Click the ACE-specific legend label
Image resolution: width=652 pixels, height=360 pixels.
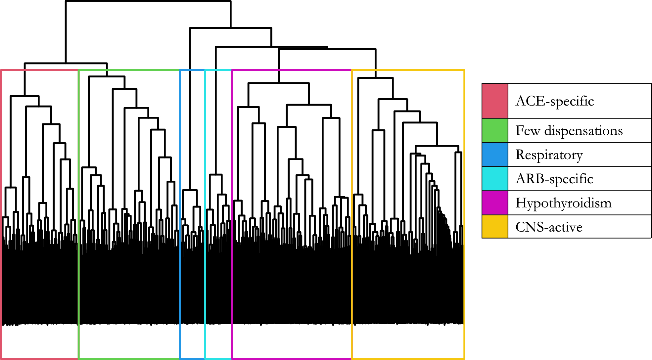click(555, 101)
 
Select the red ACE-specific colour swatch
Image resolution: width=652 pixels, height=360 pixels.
click(495, 101)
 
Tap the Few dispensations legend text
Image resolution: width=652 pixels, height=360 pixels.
click(569, 131)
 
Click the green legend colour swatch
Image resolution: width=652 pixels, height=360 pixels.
click(495, 131)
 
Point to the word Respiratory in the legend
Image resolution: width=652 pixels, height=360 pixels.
click(549, 155)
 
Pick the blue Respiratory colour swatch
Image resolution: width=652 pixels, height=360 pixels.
click(495, 155)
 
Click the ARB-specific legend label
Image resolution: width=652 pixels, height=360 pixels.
click(554, 179)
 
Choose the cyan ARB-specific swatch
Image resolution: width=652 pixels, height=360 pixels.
click(495, 179)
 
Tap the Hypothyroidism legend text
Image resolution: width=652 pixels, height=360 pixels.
click(563, 203)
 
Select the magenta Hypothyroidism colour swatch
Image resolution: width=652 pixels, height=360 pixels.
click(495, 203)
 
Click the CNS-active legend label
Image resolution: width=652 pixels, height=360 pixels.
click(549, 227)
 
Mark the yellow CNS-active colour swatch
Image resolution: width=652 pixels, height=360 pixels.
click(495, 227)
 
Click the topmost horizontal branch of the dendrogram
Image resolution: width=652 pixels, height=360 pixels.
click(148, 1)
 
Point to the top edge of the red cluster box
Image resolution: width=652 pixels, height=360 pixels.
click(40, 70)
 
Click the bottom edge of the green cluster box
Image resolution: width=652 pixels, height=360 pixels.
click(129, 358)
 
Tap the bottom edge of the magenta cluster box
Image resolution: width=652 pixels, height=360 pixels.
click(291, 358)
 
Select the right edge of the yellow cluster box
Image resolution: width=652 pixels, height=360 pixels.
click(464, 215)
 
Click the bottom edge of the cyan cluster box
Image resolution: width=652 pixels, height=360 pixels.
click(218, 358)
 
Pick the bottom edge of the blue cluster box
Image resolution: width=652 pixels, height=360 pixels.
click(192, 358)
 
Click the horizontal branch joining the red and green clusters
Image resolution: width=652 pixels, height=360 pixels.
click(66, 63)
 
